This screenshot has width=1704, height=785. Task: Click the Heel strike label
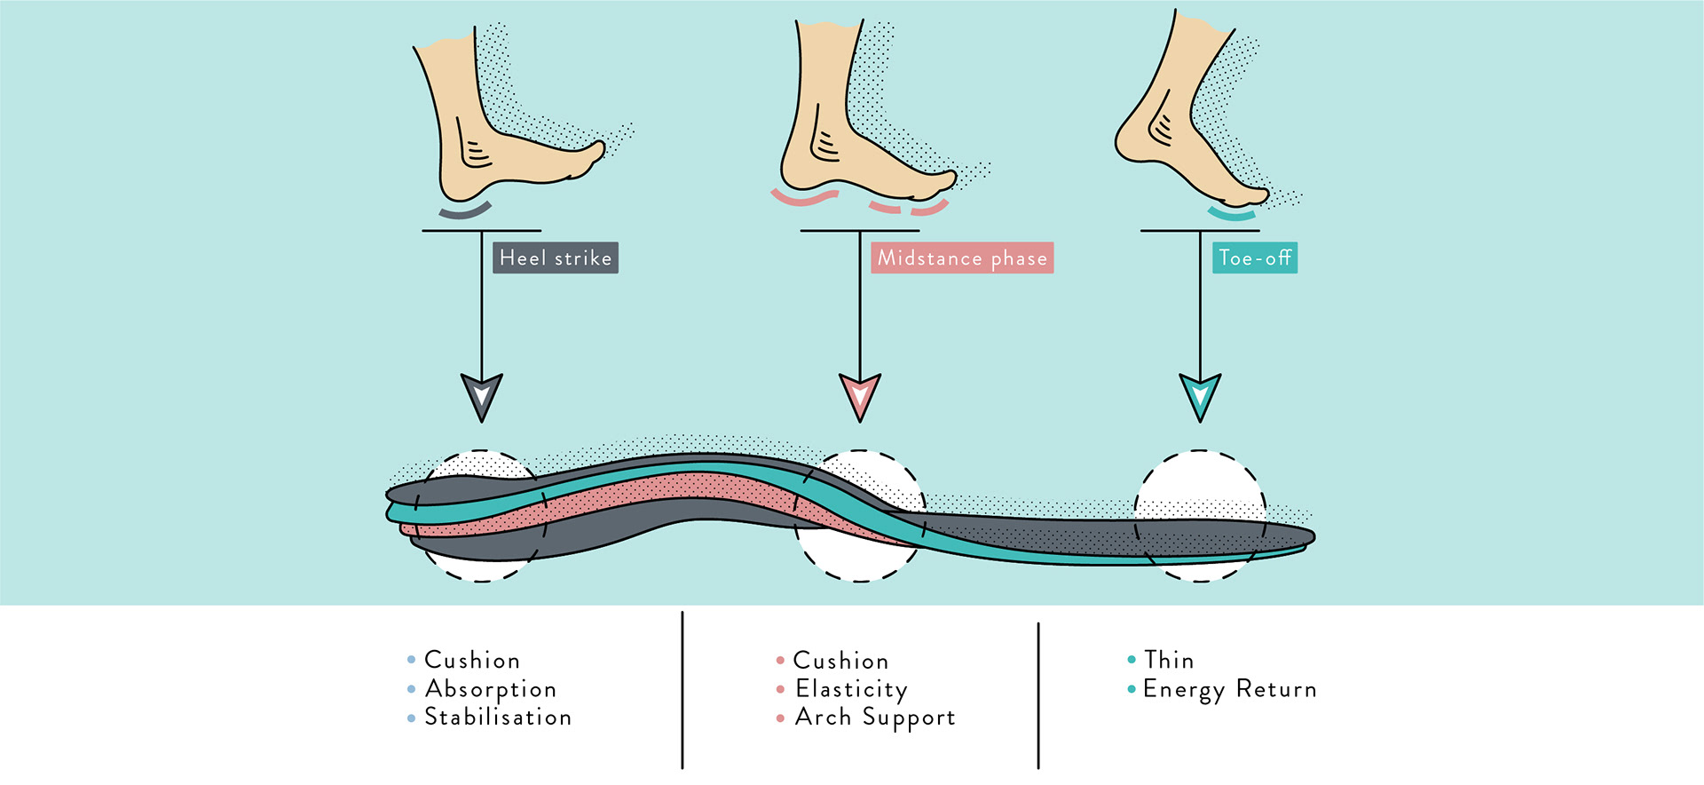pos(556,258)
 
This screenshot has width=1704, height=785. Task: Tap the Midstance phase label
pos(962,258)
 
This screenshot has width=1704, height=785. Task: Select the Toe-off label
pos(1254,258)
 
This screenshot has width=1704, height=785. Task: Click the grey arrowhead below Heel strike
pos(482,396)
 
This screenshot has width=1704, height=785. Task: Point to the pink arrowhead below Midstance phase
pos(860,396)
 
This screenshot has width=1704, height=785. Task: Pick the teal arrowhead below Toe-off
pos(1200,396)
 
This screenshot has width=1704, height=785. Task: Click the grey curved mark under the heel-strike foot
pos(465,211)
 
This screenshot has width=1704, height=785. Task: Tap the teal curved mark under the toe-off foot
pos(1232,214)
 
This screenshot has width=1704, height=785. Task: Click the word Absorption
pos(491,689)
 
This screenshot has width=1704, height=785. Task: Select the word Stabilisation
pos(498,717)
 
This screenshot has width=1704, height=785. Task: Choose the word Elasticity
pos(851,689)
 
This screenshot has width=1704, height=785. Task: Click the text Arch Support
pos(875,718)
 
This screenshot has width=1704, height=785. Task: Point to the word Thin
pos(1169,660)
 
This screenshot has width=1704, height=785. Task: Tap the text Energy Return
pos(1229,689)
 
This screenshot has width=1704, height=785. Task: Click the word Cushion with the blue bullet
pos(472,660)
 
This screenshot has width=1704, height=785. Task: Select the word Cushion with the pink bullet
pos(840,661)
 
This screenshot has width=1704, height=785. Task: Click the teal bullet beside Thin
pos(1132,660)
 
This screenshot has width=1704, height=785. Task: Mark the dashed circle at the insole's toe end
pos(1200,516)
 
